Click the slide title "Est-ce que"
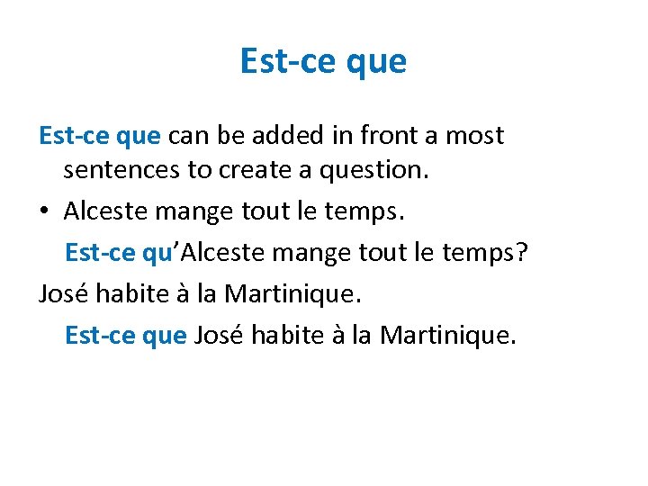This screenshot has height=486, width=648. pos(323,61)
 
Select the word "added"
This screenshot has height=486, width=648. pos(277,136)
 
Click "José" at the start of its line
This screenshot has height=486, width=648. pos(66,293)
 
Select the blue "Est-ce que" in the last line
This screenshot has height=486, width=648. pos(126,335)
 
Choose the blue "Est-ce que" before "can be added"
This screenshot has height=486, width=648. pos(100,136)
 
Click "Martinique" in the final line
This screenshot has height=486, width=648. pos(448,335)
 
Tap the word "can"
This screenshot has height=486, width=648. pos(186,136)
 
